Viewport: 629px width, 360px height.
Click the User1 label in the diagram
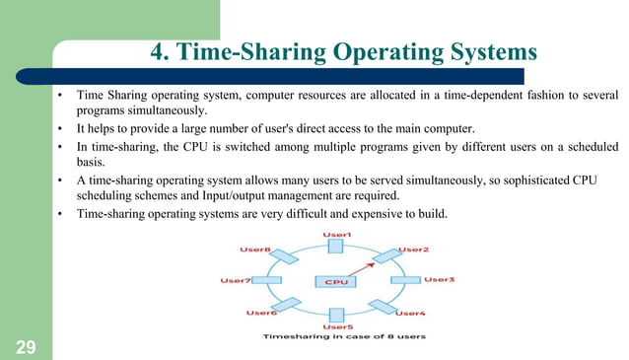[x=338, y=234]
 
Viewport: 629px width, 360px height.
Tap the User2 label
[x=412, y=250]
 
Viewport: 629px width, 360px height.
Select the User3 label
[x=439, y=280]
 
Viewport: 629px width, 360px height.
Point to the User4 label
[x=410, y=313]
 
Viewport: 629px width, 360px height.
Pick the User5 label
[x=337, y=326]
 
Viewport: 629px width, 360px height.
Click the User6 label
[x=260, y=313]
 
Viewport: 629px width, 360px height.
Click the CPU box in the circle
[x=336, y=281]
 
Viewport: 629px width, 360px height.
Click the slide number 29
[x=26, y=346]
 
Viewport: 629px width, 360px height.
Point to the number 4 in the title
[x=157, y=51]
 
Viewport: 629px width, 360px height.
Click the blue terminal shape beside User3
[x=404, y=280]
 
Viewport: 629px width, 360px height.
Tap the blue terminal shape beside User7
[x=268, y=280]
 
